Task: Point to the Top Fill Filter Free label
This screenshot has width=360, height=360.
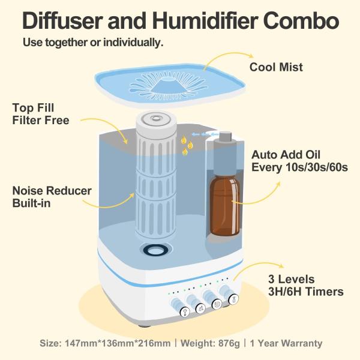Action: (x=41, y=114)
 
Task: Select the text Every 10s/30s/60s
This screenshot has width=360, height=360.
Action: (x=300, y=167)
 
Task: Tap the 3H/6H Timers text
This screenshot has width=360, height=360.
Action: (x=306, y=292)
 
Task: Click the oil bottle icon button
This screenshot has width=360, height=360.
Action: (x=233, y=300)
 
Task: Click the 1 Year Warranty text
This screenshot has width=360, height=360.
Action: (x=286, y=344)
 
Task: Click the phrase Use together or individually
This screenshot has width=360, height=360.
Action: (x=93, y=43)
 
